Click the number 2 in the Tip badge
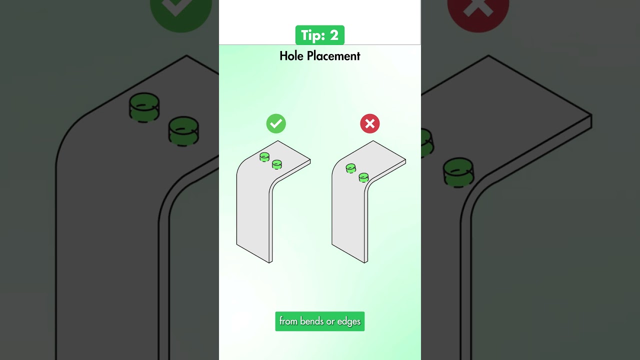click(334, 35)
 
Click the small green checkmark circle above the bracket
click(276, 123)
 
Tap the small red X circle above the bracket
click(370, 123)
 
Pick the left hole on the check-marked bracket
click(264, 157)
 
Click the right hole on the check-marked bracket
click(277, 164)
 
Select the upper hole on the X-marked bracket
click(351, 168)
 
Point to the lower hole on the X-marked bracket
click(363, 177)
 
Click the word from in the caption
click(288, 321)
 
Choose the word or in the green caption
click(330, 321)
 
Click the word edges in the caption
click(349, 321)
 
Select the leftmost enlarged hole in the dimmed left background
click(144, 107)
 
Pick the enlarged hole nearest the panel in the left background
click(183, 130)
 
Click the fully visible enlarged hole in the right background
click(458, 172)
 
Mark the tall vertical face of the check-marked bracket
click(253, 210)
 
